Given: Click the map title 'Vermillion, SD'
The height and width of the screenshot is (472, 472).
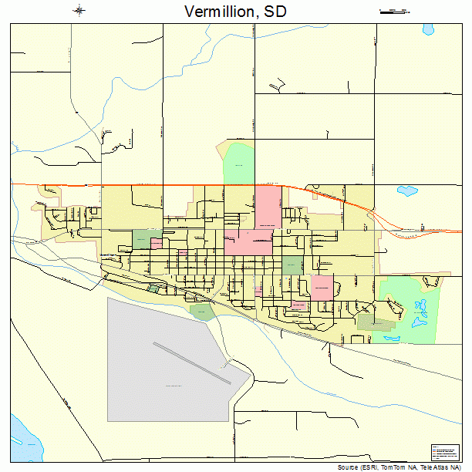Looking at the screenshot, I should tap(235, 11).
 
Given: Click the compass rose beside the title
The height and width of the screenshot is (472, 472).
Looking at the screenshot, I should tap(80, 10).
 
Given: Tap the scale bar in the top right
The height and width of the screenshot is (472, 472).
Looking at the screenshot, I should tap(394, 11).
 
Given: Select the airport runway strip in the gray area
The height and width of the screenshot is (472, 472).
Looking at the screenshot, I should tap(191, 362).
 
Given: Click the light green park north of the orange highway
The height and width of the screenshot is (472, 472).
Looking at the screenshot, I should tap(238, 164).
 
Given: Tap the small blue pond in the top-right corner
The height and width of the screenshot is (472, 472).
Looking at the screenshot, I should tap(428, 30).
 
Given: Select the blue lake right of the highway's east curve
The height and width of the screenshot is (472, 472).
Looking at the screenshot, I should tap(406, 190).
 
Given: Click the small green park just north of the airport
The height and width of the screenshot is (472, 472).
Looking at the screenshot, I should tap(202, 312).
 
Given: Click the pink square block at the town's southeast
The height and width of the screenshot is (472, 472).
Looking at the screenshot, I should tap(322, 287).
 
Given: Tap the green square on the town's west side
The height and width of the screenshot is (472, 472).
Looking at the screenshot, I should tap(142, 240).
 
